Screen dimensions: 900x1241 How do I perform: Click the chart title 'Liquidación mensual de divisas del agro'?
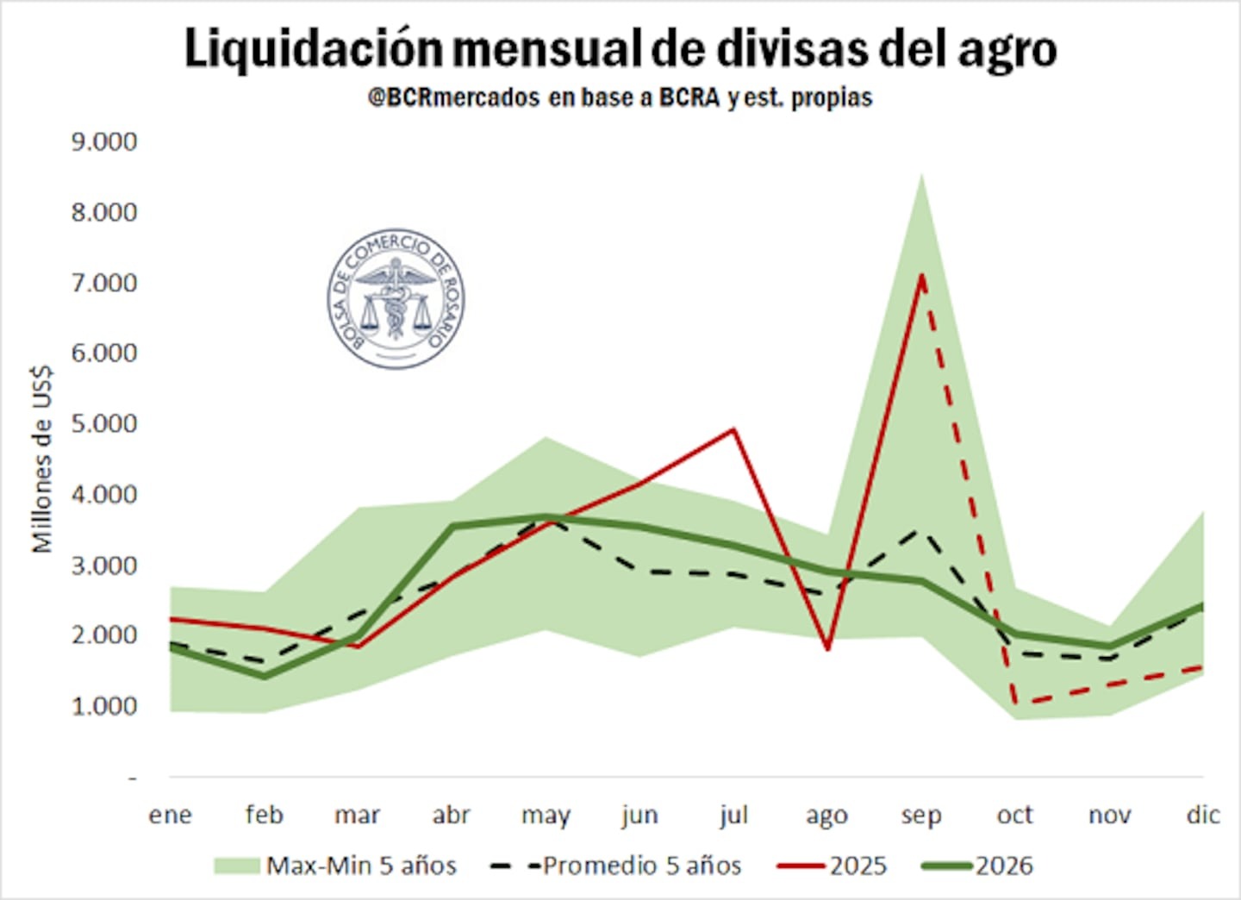point(620,48)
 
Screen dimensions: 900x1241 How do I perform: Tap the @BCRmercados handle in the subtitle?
point(453,97)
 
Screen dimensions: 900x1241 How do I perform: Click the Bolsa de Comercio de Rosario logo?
point(396,298)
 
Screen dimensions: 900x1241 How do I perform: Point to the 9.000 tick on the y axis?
point(104,141)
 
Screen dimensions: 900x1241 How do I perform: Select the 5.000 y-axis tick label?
point(104,424)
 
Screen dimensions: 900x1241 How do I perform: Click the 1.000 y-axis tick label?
point(104,707)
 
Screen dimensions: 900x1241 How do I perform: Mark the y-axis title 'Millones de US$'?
point(41,459)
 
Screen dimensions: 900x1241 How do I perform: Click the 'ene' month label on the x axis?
point(170,815)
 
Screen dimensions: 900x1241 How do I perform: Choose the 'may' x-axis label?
point(546,816)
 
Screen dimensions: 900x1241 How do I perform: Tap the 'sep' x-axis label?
point(920,816)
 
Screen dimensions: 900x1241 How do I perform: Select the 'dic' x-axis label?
point(1202,815)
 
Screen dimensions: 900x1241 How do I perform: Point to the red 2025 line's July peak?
point(733,429)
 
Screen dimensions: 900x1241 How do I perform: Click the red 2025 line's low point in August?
point(827,647)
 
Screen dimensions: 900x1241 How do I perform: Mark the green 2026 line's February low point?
point(264,676)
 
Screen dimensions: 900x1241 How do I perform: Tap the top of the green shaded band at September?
point(921,175)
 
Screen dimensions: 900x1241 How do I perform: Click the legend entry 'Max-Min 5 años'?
point(336,866)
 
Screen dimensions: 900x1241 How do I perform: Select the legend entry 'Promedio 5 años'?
point(615,866)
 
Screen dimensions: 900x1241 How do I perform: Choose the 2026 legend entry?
point(977,866)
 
